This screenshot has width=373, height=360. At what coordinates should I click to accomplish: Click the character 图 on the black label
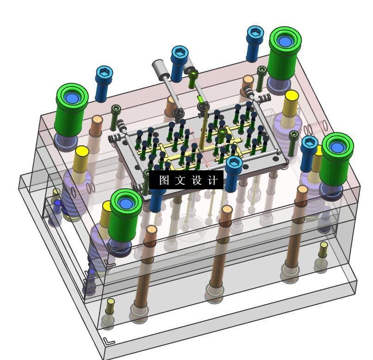tap(164, 180)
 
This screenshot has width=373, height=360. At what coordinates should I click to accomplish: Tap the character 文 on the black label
tap(180, 180)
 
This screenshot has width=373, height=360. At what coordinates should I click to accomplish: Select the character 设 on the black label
tap(197, 180)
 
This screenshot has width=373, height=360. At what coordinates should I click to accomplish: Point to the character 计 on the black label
tap(213, 180)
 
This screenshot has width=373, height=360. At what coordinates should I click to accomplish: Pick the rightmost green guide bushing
tap(336, 159)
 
